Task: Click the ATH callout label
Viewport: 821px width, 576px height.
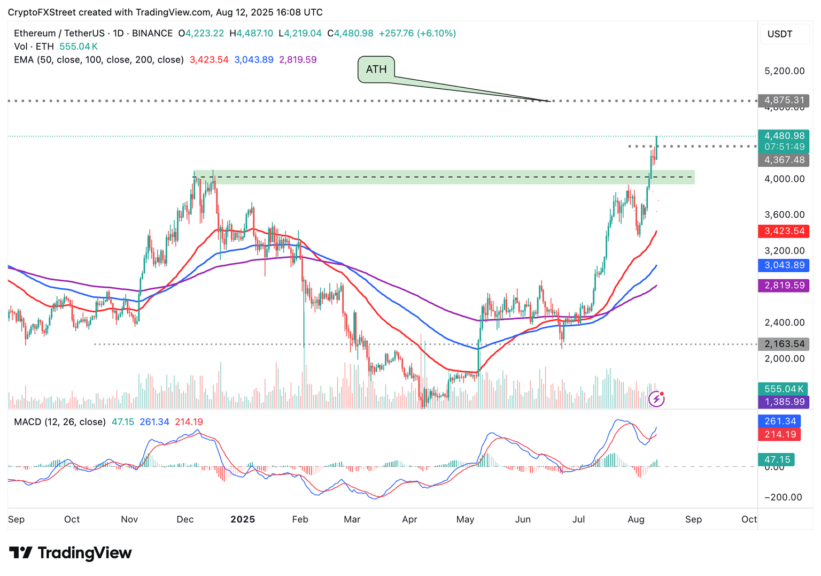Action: [x=376, y=70]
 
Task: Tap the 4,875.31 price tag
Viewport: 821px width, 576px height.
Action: [x=784, y=100]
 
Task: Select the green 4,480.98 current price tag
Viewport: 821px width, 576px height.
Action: [x=784, y=136]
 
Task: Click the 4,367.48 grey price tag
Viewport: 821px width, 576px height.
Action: [x=784, y=160]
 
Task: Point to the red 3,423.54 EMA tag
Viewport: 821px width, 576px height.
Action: [x=784, y=231]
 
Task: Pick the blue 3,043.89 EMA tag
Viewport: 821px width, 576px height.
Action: [x=784, y=265]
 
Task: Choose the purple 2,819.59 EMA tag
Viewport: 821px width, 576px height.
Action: [x=784, y=286]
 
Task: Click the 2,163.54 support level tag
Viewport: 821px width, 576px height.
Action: [x=784, y=344]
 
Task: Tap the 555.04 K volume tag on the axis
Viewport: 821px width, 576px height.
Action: [x=784, y=389]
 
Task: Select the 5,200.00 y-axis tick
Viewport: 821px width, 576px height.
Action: [x=784, y=71]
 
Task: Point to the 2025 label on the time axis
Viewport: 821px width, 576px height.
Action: [x=242, y=519]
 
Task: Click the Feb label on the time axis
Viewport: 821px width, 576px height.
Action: [x=300, y=519]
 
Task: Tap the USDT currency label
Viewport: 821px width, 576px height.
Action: [x=780, y=34]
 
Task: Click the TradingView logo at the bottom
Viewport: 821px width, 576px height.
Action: [x=71, y=552]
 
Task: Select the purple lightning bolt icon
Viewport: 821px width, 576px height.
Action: [x=656, y=398]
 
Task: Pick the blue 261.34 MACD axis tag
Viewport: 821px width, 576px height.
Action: [x=780, y=421]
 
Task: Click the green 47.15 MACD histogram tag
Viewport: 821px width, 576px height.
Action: [x=777, y=459]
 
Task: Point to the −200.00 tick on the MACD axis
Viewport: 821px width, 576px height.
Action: [x=783, y=497]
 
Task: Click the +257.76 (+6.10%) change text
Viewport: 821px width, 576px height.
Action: [x=417, y=33]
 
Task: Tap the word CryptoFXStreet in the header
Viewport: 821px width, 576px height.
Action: [x=41, y=12]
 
